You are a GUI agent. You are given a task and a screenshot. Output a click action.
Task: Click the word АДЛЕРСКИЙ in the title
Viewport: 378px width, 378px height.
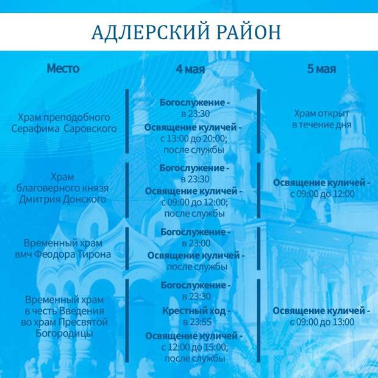click(x=150, y=32)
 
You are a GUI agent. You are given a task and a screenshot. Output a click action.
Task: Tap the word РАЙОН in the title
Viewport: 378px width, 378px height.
click(x=249, y=32)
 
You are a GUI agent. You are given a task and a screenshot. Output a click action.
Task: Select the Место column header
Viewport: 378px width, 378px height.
click(x=63, y=68)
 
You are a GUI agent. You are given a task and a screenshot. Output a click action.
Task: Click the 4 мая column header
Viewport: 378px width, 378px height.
click(x=190, y=69)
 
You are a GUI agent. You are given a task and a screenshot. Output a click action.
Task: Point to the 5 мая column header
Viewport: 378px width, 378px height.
click(x=321, y=69)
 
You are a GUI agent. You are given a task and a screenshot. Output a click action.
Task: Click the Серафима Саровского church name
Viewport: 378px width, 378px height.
click(x=64, y=129)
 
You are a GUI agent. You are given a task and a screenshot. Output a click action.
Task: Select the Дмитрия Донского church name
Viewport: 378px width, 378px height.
click(x=63, y=199)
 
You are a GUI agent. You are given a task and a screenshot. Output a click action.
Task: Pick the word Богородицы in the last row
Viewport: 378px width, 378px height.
click(x=64, y=333)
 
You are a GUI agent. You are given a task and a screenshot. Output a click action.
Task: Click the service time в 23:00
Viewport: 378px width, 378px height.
click(x=196, y=243)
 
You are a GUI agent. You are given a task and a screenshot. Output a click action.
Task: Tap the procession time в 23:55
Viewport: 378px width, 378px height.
click(x=197, y=322)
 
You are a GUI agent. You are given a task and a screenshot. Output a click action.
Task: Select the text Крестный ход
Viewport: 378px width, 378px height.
click(x=194, y=310)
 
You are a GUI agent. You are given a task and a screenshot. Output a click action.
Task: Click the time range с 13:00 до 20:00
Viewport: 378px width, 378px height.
click(x=194, y=138)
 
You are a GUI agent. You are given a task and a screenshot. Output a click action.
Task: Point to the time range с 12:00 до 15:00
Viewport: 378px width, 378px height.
click(x=195, y=347)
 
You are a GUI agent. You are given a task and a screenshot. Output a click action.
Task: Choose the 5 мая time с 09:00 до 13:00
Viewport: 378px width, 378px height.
click(x=322, y=322)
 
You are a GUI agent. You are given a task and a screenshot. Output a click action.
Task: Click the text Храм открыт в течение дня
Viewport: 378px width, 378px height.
click(x=321, y=119)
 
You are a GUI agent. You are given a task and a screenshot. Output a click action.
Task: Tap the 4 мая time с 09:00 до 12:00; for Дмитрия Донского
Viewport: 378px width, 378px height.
click(x=194, y=202)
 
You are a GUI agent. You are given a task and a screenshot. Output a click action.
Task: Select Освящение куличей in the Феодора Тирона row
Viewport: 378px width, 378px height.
click(x=194, y=255)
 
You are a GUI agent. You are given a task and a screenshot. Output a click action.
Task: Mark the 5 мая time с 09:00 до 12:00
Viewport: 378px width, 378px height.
click(x=323, y=194)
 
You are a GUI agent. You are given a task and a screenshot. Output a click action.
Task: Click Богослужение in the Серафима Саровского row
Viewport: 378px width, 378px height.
click(x=192, y=102)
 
